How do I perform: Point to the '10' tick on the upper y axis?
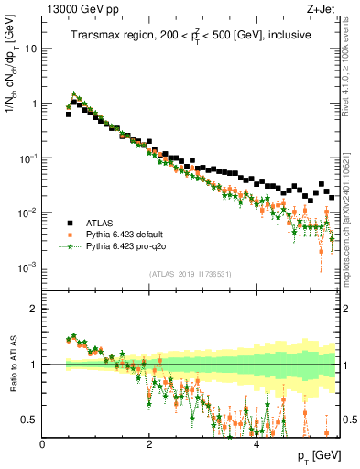pyautogui.click(x=31, y=49)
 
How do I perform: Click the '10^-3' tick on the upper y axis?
pyautogui.click(x=28, y=267)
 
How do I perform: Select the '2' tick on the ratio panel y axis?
pyautogui.click(x=35, y=309)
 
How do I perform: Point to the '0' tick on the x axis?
pyautogui.click(x=42, y=444)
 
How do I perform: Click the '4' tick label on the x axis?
pyautogui.click(x=256, y=444)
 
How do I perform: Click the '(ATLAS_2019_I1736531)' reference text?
pyautogui.click(x=191, y=274)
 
